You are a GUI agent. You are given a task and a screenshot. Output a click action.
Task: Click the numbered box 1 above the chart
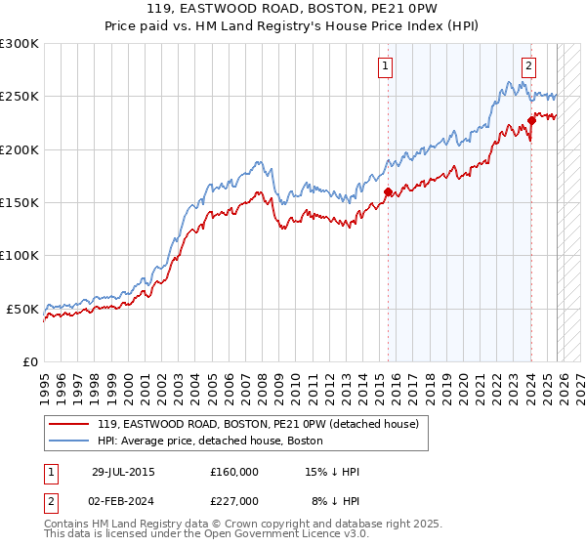tap(386, 66)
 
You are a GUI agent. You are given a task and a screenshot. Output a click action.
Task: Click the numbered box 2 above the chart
tap(528, 66)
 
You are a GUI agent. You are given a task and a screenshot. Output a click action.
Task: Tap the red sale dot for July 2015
tap(388, 192)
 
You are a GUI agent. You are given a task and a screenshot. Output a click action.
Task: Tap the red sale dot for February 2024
tap(532, 121)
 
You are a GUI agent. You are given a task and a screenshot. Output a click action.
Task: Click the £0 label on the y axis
tap(30, 361)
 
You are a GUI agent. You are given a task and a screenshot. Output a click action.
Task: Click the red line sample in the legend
tap(68, 424)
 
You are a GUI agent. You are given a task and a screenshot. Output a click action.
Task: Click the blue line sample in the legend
tap(68, 441)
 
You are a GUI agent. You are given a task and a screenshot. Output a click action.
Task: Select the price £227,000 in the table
tap(234, 501)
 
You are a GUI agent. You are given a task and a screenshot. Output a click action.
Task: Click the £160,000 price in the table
tap(234, 472)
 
